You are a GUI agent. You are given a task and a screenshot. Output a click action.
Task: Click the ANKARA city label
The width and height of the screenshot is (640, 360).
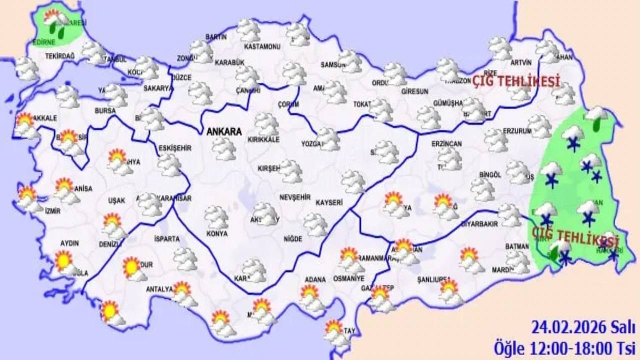[224, 132]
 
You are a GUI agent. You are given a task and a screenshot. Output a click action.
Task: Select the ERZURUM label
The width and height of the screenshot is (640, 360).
[502, 130]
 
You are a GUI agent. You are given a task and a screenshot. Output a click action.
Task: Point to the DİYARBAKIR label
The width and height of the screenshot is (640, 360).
[479, 223]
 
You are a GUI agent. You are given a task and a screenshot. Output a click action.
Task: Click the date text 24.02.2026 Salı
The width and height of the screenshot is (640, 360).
[583, 328]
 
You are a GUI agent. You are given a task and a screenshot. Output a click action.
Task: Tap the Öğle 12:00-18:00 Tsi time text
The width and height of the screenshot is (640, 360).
[564, 346]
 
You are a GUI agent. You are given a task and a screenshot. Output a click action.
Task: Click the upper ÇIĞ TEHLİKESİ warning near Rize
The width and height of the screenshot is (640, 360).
[516, 81]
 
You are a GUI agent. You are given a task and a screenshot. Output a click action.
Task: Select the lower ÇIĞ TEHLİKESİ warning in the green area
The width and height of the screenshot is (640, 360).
[575, 234]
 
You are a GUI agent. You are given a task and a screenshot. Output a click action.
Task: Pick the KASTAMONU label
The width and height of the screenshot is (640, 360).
[261, 46]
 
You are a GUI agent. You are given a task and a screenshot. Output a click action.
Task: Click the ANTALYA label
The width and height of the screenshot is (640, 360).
[159, 289]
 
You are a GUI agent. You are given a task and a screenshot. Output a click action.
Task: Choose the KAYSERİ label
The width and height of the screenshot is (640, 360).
[328, 202]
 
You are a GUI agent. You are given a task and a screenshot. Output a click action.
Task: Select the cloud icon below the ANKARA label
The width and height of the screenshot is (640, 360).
[223, 148]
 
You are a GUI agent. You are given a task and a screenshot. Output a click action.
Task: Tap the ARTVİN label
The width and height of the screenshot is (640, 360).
[520, 62]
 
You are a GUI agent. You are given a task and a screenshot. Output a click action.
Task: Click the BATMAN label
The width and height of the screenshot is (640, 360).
[516, 246]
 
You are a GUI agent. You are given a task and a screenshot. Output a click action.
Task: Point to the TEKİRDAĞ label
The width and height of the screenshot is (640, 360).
[59, 56]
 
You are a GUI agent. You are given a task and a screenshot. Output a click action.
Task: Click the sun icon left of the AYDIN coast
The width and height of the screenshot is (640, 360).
[64, 261]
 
